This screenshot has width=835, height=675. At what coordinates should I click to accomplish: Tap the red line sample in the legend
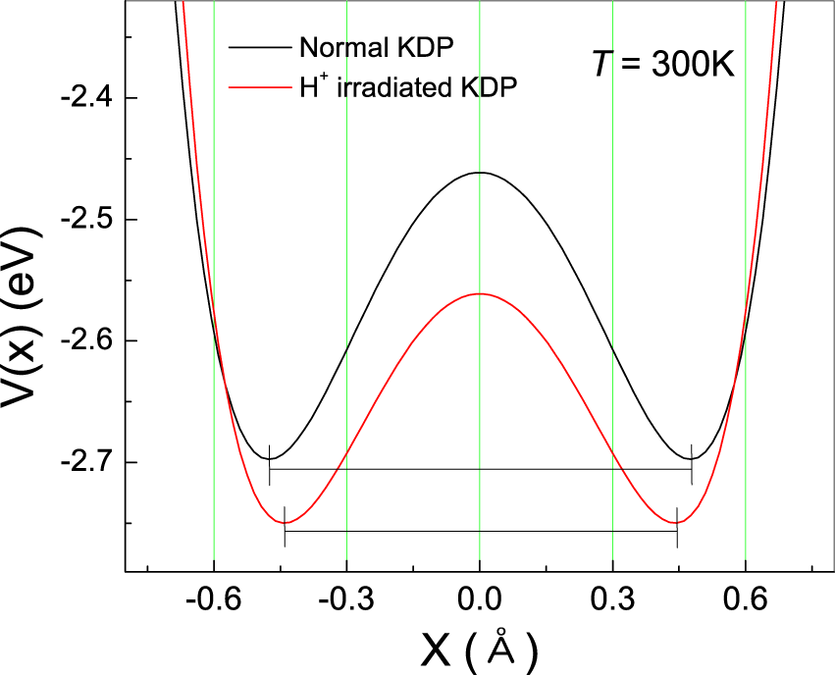pos(260,87)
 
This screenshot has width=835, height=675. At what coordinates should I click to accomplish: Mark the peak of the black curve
pos(479,173)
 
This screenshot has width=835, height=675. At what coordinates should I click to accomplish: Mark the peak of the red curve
pos(479,294)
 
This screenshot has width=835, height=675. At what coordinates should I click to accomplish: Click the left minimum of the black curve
pos(270,458)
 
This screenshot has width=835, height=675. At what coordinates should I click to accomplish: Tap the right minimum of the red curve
pos(675,522)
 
